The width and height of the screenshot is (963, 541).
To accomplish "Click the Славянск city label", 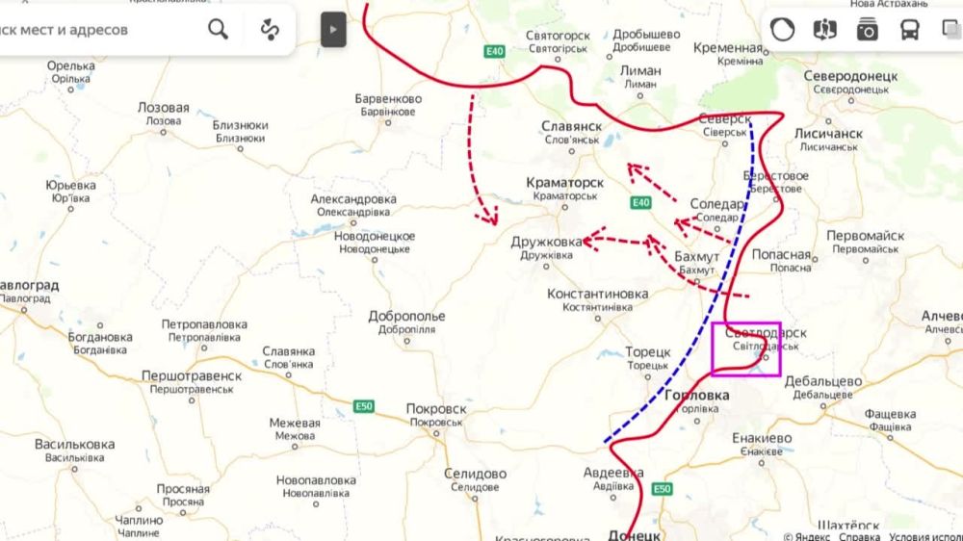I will click(571, 126).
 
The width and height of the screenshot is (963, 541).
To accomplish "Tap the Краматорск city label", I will click(564, 182).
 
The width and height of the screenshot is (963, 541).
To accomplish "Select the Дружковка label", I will click(546, 242).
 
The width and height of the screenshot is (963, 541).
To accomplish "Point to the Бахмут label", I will click(696, 257).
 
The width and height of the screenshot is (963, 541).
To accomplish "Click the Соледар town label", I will click(716, 204).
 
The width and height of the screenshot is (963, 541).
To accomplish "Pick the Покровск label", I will click(436, 409).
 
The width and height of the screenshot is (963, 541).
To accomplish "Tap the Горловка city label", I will click(696, 396).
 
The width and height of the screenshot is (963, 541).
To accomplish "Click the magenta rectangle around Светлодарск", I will click(745, 348).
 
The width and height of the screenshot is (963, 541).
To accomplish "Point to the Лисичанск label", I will click(828, 134).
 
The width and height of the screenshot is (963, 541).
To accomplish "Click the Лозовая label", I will click(163, 108).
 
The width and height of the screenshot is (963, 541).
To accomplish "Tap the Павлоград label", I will click(28, 286).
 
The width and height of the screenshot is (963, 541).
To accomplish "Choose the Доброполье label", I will click(406, 316).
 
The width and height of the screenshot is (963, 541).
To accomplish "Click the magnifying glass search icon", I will click(219, 30).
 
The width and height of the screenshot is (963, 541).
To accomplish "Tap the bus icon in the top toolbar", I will click(909, 30).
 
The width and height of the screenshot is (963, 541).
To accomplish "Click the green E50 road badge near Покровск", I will click(363, 406).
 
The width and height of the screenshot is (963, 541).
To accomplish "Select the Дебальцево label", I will click(822, 381).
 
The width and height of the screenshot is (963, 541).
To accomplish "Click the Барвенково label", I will click(388, 99).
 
